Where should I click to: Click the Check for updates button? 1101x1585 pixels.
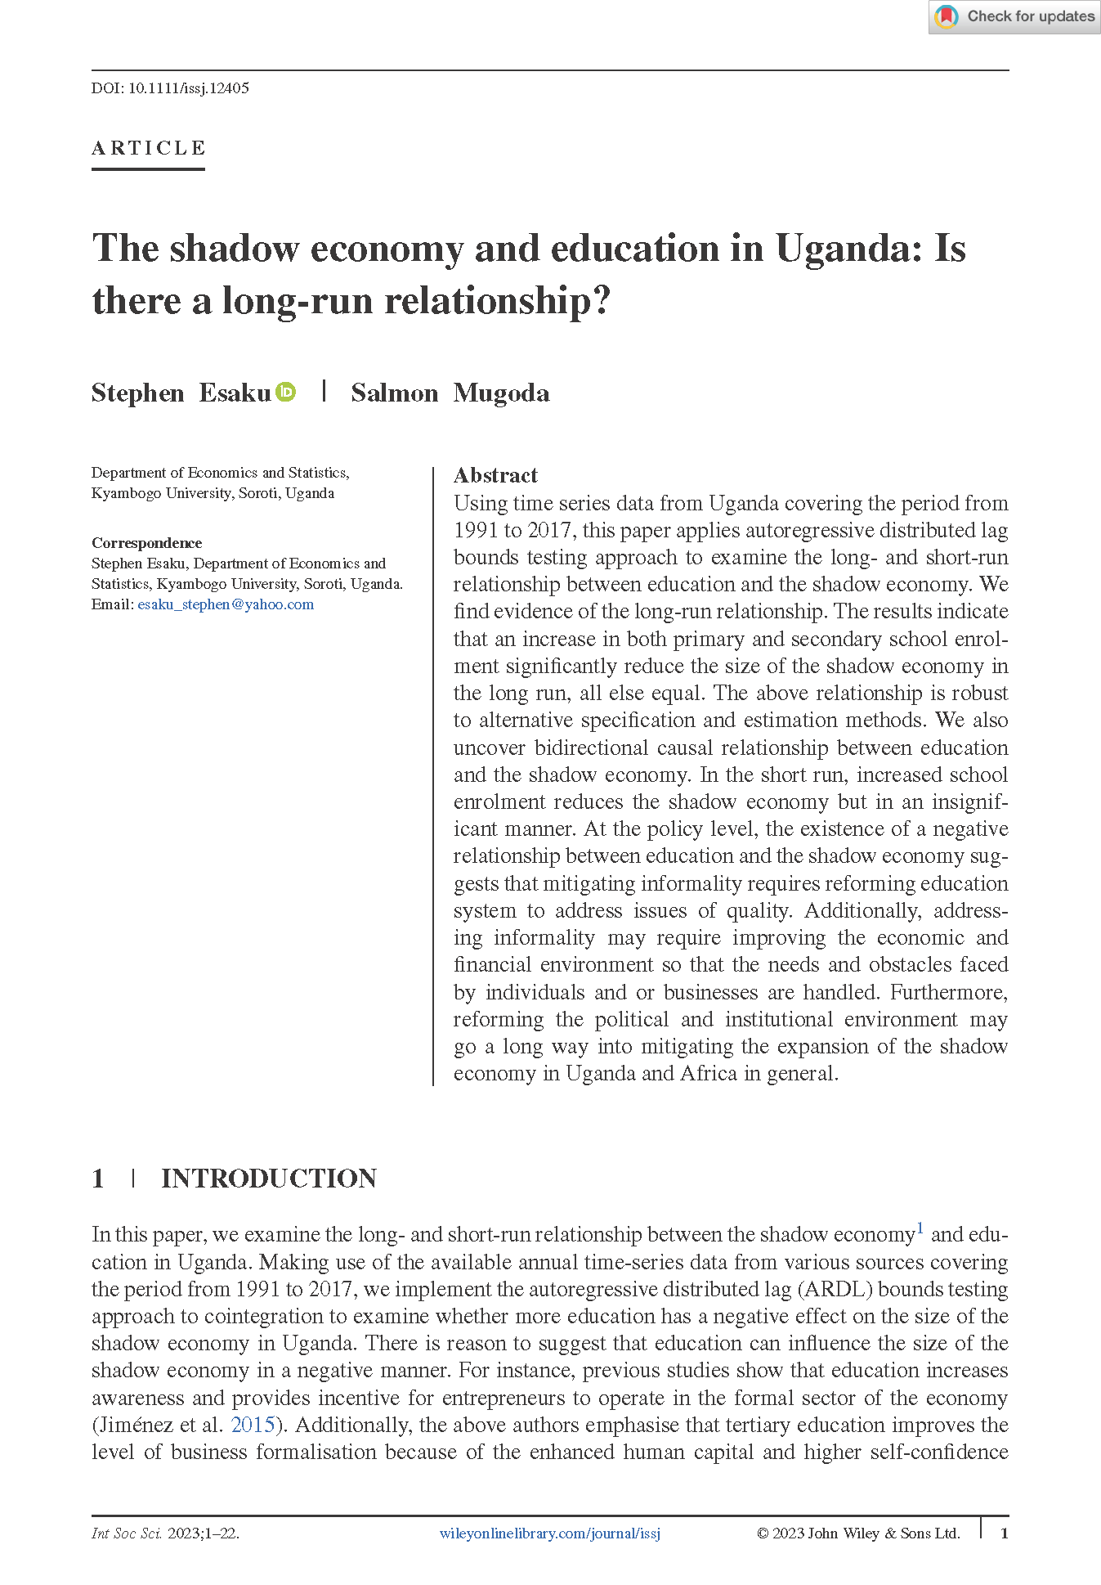click(x=1014, y=17)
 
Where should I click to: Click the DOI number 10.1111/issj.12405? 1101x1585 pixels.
click(x=188, y=88)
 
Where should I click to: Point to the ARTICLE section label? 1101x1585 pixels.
click(x=148, y=148)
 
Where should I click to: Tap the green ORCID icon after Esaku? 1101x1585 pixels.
click(x=285, y=393)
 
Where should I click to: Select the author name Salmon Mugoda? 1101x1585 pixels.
click(x=450, y=393)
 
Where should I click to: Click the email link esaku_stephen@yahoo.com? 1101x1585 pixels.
click(x=226, y=604)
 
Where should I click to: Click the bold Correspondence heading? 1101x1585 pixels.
click(x=146, y=543)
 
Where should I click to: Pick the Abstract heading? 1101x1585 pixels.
click(x=495, y=475)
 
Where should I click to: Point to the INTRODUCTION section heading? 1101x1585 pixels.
click(x=269, y=1179)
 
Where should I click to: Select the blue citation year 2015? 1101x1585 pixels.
click(x=253, y=1425)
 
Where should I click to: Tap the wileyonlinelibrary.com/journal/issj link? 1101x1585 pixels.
click(x=549, y=1533)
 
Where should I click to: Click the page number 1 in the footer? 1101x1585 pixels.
click(x=1005, y=1533)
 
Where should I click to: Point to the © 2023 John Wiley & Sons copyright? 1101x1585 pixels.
click(x=857, y=1533)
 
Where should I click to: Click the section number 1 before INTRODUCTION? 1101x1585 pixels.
click(x=98, y=1179)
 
